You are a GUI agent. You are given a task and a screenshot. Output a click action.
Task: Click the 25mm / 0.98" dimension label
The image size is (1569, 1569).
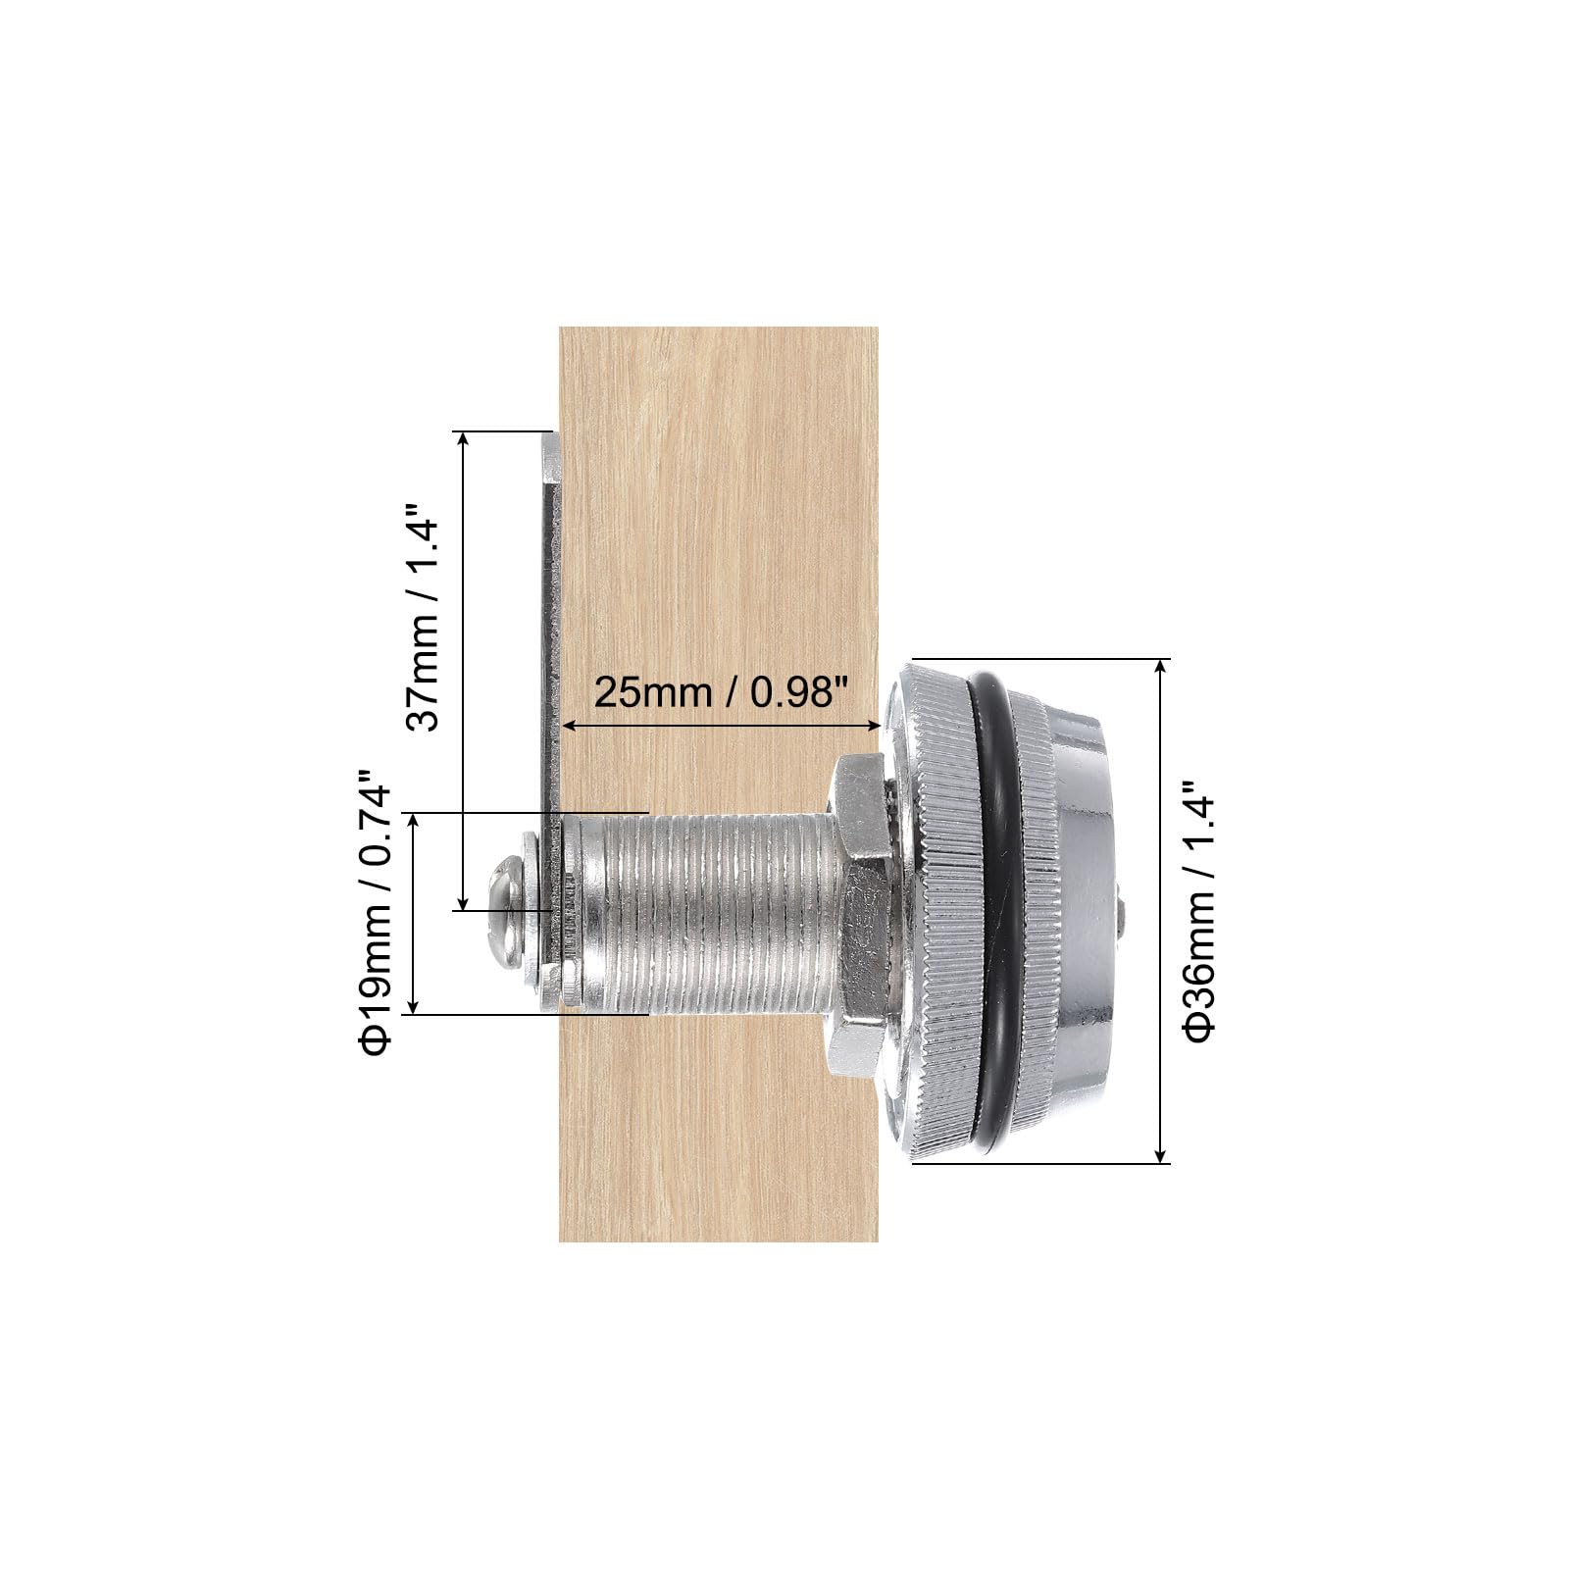click(721, 693)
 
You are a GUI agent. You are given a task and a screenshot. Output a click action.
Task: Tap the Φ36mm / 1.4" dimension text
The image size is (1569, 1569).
click(1199, 912)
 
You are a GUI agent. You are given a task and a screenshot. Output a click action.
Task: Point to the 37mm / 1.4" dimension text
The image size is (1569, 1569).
click(425, 618)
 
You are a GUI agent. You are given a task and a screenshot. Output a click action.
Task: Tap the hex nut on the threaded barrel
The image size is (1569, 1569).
click(860, 916)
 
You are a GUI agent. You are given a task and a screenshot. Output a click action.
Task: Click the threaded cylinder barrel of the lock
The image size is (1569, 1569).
click(706, 915)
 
